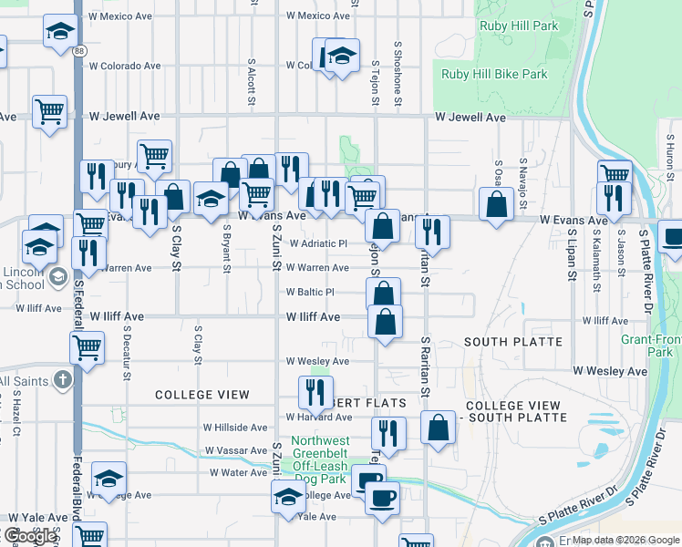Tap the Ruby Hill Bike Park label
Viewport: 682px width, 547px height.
[x=494, y=74]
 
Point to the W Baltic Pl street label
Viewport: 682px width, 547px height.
[x=310, y=293]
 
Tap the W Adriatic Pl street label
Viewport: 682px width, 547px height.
[x=318, y=244]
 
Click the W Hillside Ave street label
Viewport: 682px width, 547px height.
[x=234, y=427]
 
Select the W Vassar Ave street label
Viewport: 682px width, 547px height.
[x=235, y=451]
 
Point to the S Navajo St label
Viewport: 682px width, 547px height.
[x=523, y=178]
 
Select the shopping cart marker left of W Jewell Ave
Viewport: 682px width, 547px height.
[x=49, y=111]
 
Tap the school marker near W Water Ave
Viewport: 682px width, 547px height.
[x=108, y=477]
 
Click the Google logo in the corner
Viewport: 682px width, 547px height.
[x=29, y=536]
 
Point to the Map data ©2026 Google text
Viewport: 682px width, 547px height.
[x=625, y=540]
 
